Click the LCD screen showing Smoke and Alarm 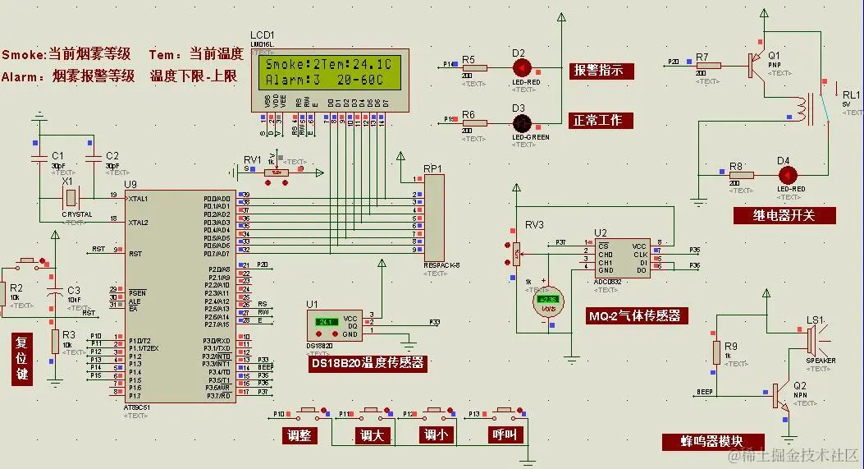[329, 71]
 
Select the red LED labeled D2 [519, 67]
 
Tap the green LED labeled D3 [519, 122]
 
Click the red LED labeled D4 [788, 174]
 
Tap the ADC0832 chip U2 [623, 258]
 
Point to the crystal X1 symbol [72, 198]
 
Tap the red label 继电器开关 [784, 215]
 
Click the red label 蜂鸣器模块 [712, 442]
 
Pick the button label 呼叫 [503, 435]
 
